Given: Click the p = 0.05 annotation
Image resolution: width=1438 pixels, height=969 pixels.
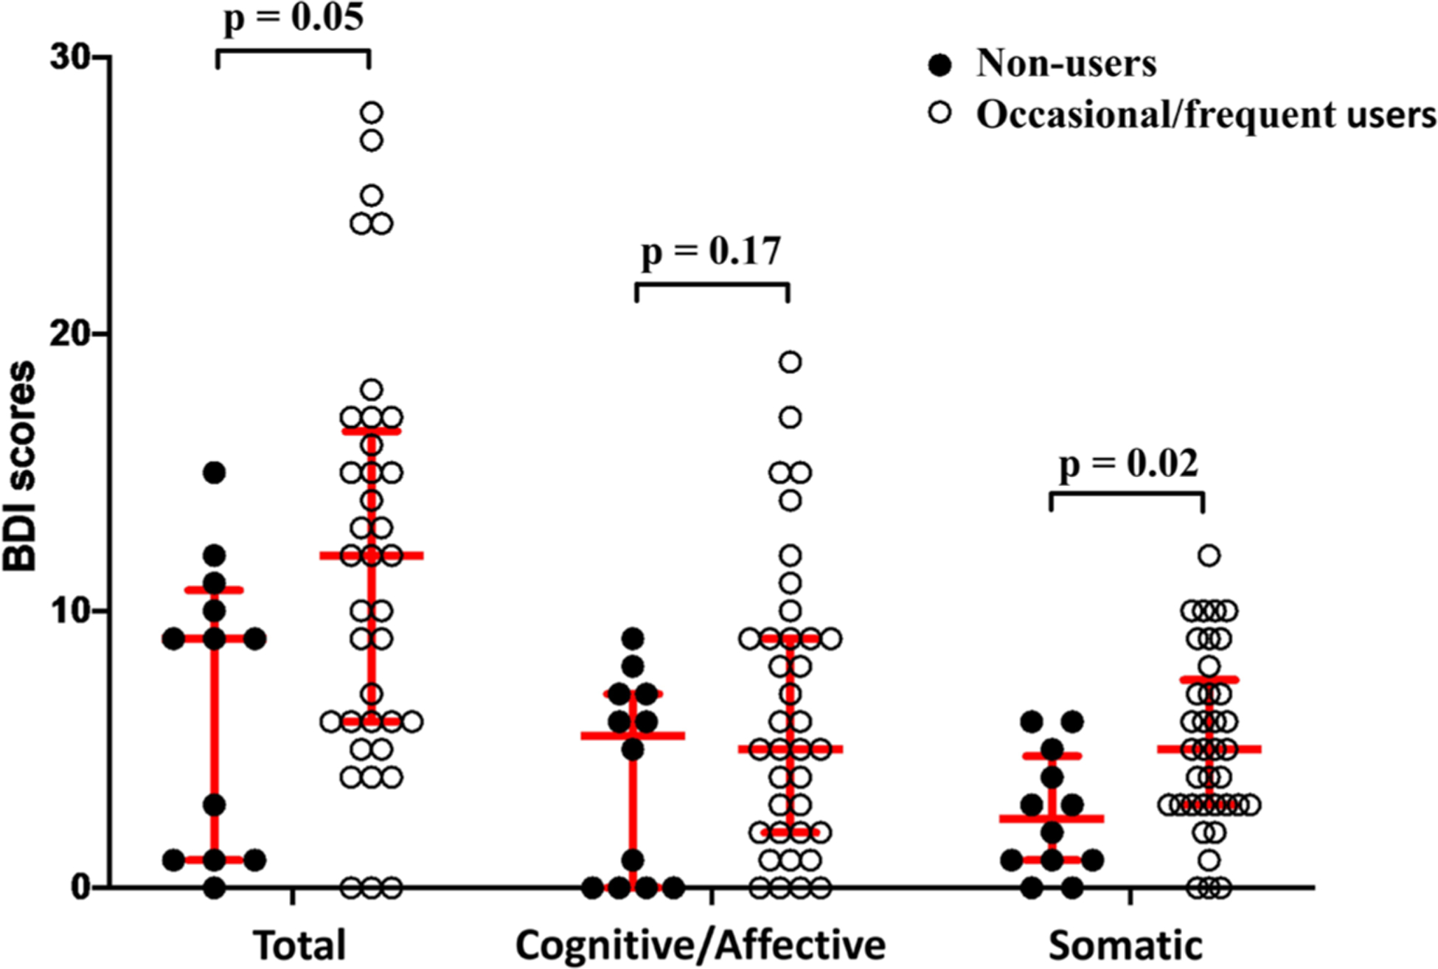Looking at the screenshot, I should [x=293, y=18].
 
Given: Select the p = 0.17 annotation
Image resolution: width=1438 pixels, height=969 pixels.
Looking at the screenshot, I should [x=711, y=251].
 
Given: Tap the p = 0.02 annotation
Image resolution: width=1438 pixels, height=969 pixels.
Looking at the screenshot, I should [x=1128, y=464].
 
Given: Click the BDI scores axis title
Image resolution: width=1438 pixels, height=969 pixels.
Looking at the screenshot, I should [x=20, y=466].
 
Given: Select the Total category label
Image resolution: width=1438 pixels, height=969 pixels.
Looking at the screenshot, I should [x=299, y=945].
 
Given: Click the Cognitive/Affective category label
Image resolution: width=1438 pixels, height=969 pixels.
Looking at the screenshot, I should [x=701, y=945].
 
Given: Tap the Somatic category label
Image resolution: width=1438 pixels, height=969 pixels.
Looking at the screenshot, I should [x=1125, y=945].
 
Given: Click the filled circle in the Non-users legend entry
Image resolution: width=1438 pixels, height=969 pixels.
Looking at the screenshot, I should [x=940, y=65].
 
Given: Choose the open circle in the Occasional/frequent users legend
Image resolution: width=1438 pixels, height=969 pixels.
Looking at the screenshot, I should [x=940, y=113].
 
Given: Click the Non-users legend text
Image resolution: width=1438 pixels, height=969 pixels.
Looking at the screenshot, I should [x=1066, y=63].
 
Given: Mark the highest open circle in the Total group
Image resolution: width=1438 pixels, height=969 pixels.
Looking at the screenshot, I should [x=372, y=113].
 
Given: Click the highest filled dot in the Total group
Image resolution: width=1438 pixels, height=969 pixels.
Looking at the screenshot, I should [x=215, y=473].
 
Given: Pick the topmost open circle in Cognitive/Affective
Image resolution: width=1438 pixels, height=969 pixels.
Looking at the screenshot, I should [x=791, y=362].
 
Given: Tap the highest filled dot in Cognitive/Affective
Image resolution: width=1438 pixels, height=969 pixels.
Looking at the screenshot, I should [x=633, y=639].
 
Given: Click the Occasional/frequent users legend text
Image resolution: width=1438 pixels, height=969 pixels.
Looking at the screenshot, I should [x=1206, y=114].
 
